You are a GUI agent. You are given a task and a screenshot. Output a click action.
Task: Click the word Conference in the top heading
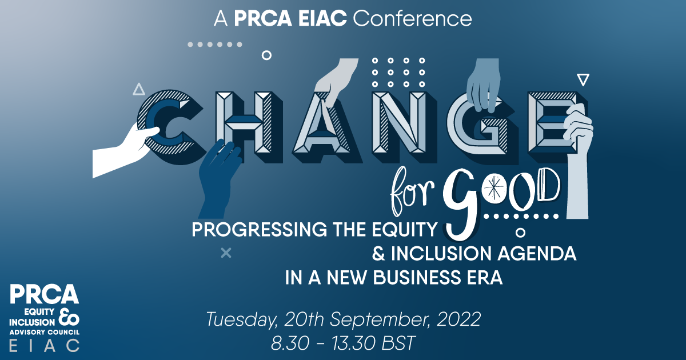coord(412,19)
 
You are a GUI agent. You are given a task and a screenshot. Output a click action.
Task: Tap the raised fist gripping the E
coord(577,159)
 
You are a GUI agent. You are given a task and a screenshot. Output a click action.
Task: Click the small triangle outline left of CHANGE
coord(139,89)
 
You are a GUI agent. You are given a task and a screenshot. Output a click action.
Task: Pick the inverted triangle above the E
coord(583,79)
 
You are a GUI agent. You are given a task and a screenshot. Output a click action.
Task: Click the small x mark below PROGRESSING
coord(226,253)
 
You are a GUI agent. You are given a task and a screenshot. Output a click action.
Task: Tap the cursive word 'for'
coord(412,191)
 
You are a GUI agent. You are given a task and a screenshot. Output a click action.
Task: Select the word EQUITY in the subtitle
coord(404,230)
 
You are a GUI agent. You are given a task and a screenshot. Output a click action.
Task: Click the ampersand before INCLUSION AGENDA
coord(378,254)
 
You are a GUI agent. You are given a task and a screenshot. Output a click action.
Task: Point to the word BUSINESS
coord(417,277)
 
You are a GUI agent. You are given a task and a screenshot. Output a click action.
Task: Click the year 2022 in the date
coord(458,319)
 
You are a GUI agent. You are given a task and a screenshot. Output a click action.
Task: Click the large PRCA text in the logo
coord(45,294)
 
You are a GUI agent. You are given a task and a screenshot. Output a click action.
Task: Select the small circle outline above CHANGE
coord(266,55)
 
